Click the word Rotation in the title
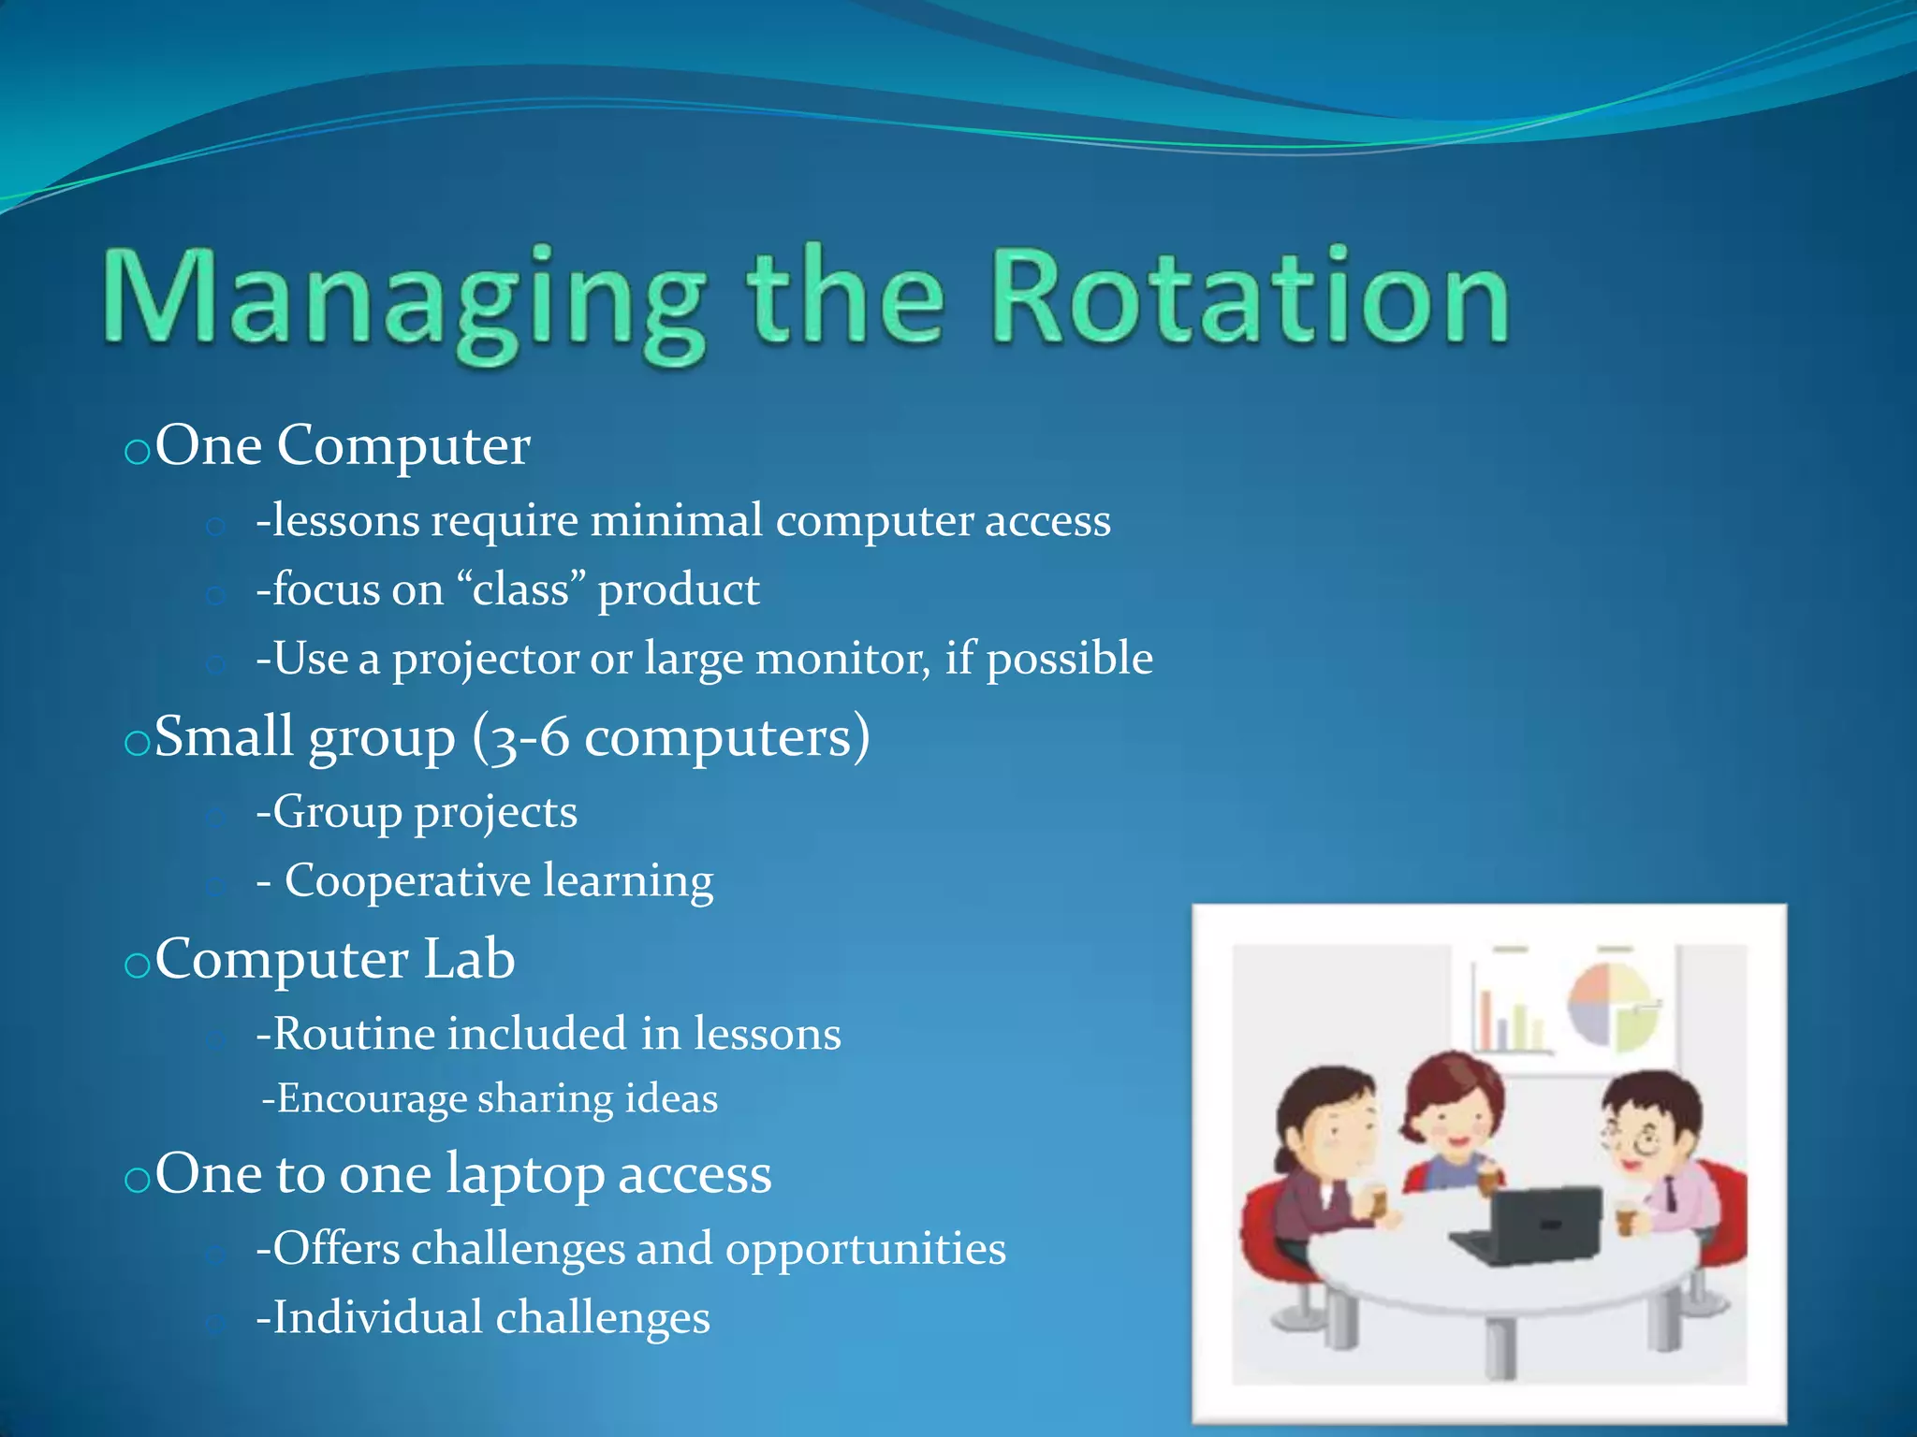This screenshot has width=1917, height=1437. click(1249, 298)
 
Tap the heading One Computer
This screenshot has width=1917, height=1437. click(343, 445)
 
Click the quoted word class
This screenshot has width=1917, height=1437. click(520, 590)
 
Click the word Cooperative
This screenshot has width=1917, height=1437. click(407, 881)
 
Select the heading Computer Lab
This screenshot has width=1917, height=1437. click(335, 959)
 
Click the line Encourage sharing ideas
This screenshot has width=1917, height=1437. click(490, 1099)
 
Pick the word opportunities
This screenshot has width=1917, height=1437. click(865, 1249)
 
